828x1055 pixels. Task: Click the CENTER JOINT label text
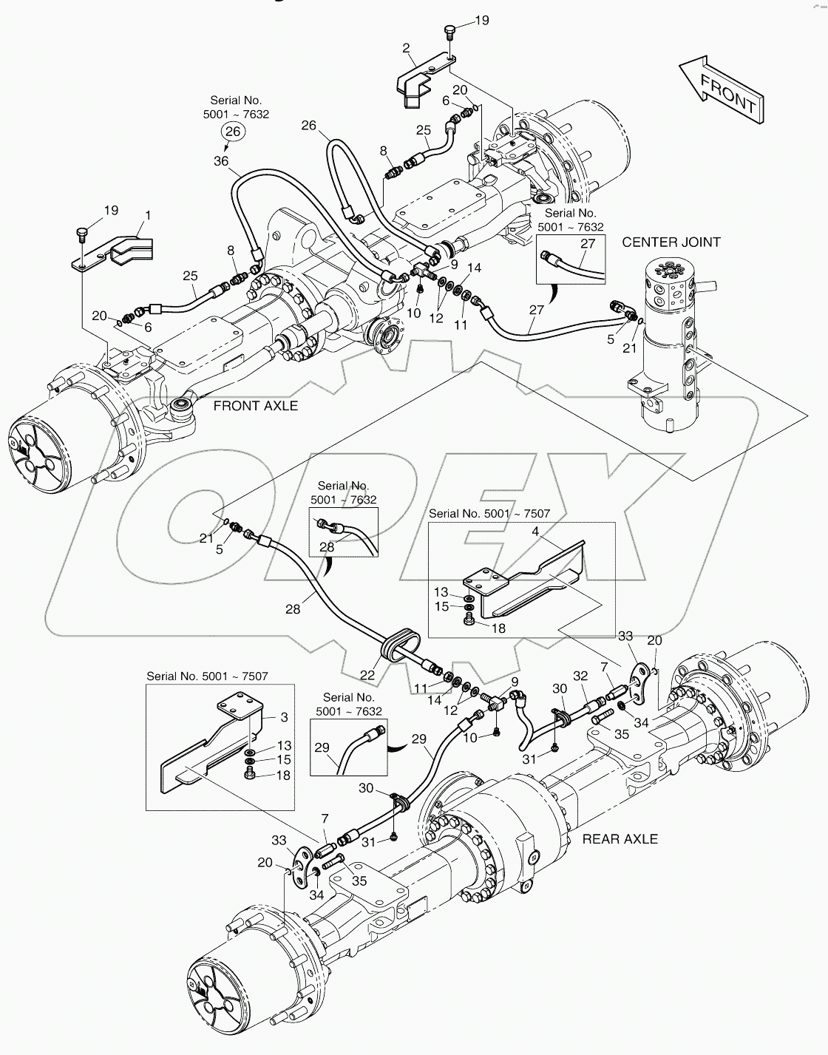(x=671, y=242)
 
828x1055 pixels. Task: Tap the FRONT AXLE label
(x=255, y=405)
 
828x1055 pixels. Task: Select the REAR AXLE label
(x=620, y=838)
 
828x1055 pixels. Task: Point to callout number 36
(x=221, y=160)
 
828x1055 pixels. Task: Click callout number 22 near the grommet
(x=367, y=675)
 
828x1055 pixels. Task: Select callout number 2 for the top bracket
(x=407, y=49)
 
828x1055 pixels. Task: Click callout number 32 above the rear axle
(x=580, y=675)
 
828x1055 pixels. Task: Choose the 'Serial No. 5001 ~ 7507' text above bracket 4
(x=489, y=513)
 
